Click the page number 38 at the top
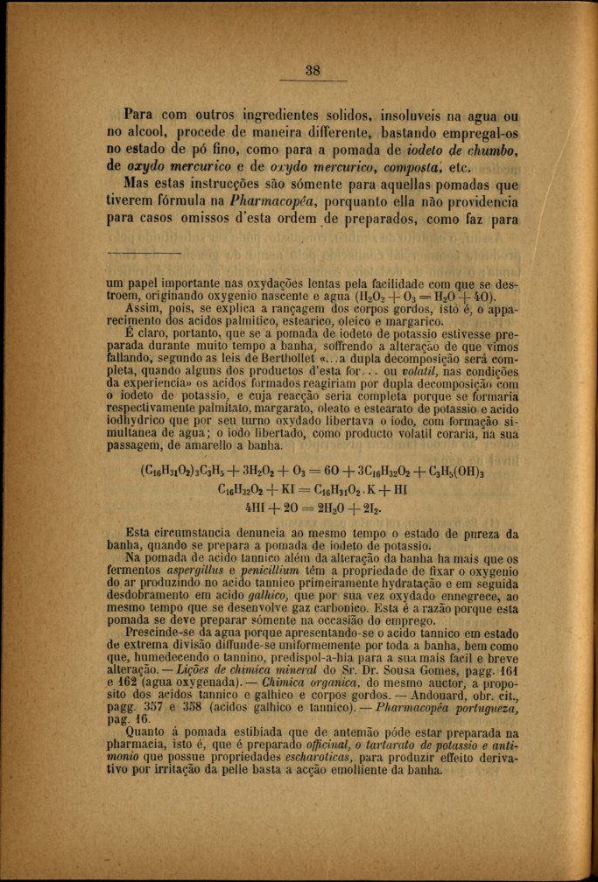point(313,71)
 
